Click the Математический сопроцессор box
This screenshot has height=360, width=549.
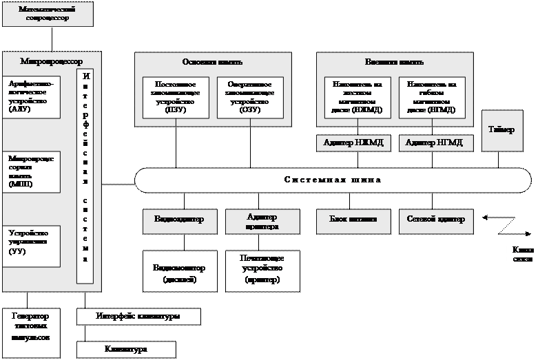click(48, 14)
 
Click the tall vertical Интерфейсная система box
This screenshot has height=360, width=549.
click(85, 176)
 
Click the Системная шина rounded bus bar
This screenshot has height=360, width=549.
click(333, 180)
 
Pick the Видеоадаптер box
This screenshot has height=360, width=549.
click(179, 220)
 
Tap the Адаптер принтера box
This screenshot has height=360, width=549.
click(262, 221)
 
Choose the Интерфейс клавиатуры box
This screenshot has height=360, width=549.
click(138, 317)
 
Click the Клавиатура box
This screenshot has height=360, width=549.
click(126, 350)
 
